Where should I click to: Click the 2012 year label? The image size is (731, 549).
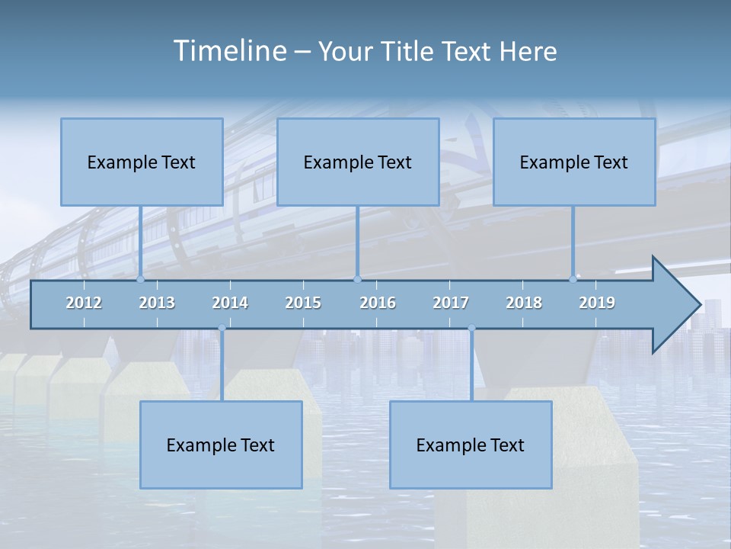[84, 303]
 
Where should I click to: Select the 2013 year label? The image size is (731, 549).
[157, 303]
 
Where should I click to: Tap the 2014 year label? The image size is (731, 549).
[230, 303]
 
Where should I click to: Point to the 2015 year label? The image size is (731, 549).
[303, 303]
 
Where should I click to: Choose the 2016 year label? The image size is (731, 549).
[378, 303]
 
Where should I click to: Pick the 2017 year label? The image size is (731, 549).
[451, 303]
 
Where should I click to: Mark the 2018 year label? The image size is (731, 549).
[524, 303]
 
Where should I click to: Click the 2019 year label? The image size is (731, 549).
[597, 303]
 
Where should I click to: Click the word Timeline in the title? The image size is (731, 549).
[228, 51]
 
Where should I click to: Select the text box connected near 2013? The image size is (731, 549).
[142, 162]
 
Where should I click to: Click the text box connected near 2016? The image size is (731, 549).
[358, 162]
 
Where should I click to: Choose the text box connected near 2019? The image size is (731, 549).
[574, 162]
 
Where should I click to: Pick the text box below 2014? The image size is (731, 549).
[221, 445]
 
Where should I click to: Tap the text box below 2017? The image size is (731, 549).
[471, 445]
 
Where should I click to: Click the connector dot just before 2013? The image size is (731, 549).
[141, 280]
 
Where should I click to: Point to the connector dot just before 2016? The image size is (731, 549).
[357, 280]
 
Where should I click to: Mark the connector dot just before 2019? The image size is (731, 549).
[573, 280]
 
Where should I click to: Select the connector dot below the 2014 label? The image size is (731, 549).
[222, 329]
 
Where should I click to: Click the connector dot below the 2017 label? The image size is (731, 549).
[471, 329]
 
